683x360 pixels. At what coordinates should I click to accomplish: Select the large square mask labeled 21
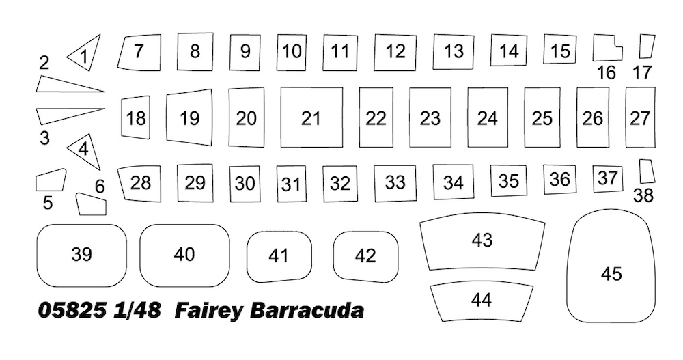pyautogui.click(x=311, y=117)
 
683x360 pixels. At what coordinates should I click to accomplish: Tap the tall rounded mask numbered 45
pyautogui.click(x=611, y=266)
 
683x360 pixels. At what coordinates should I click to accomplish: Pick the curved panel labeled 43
pyautogui.click(x=482, y=241)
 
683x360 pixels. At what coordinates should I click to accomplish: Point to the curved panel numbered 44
pyautogui.click(x=482, y=303)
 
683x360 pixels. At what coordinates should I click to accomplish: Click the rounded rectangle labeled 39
pyautogui.click(x=81, y=255)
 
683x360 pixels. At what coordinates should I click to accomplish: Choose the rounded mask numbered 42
pyautogui.click(x=365, y=257)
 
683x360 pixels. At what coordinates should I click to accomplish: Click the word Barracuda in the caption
pyautogui.click(x=307, y=311)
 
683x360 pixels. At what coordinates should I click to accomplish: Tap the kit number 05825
pyautogui.click(x=72, y=311)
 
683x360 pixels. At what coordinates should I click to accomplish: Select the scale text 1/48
pyautogui.click(x=137, y=311)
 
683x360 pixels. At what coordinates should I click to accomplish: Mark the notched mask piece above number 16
pyautogui.click(x=608, y=48)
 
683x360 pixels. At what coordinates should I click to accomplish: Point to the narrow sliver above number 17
pyautogui.click(x=647, y=46)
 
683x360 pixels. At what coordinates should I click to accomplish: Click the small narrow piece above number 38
pyautogui.click(x=647, y=171)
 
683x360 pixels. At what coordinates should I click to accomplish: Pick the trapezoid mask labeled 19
pyautogui.click(x=189, y=117)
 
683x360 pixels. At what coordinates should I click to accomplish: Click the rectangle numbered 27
pyautogui.click(x=641, y=117)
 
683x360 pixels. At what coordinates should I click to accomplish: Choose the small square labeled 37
pyautogui.click(x=608, y=179)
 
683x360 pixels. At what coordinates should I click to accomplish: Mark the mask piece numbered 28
pyautogui.click(x=140, y=184)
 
